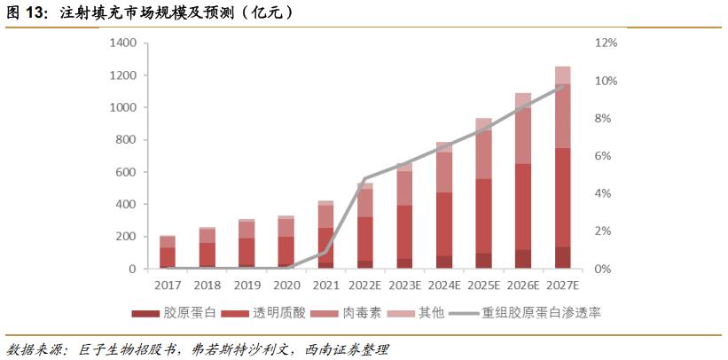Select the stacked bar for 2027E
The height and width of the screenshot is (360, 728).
coord(562,168)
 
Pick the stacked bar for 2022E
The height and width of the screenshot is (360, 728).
coord(364,227)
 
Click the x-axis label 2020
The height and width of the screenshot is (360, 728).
coord(286,285)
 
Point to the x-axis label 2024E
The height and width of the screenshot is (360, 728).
coord(443,285)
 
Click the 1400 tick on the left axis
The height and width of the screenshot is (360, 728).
coord(124,43)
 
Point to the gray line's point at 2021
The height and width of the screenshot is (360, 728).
coord(325,251)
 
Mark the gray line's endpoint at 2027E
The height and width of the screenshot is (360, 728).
coord(562,86)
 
